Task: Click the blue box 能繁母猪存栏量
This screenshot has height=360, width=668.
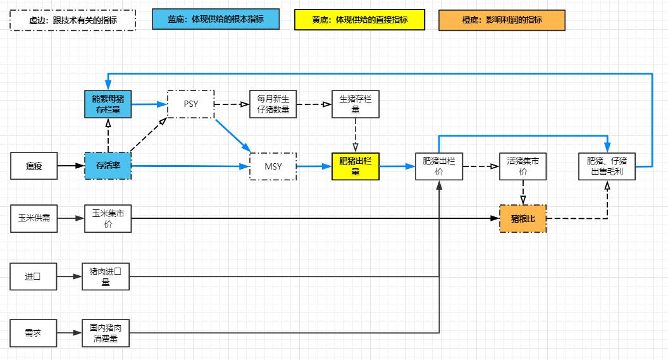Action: tap(108, 104)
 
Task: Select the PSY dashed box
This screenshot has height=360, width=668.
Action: tap(190, 104)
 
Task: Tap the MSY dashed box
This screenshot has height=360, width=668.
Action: tap(273, 166)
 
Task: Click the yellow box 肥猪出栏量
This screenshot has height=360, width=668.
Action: tap(356, 166)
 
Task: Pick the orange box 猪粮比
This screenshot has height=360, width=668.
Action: tap(523, 218)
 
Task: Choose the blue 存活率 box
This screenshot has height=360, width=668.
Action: tap(108, 166)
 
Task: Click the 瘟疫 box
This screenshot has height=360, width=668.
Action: tap(34, 166)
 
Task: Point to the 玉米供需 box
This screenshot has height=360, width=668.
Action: tap(34, 218)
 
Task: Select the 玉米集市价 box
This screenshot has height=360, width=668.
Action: tap(108, 218)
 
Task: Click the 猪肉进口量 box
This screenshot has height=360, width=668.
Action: tap(106, 276)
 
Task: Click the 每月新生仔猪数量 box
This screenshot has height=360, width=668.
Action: tap(273, 104)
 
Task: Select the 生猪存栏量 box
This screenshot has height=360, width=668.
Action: tap(356, 104)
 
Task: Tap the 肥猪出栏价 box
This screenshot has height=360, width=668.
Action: tap(438, 166)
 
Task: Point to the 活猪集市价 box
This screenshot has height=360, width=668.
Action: tap(523, 166)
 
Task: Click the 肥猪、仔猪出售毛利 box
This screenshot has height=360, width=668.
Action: tap(607, 166)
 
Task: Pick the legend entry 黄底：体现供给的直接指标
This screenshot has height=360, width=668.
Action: tap(359, 20)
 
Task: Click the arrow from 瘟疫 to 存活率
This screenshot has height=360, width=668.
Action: tap(70, 166)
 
